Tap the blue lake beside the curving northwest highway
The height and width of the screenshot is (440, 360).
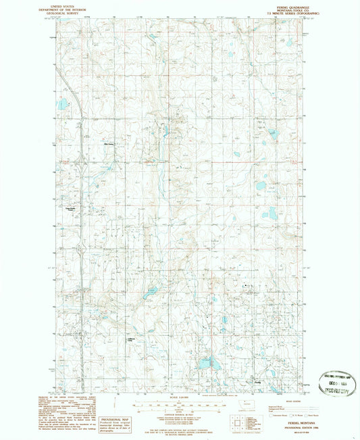click(62, 104)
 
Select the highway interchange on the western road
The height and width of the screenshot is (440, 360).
click(81, 162)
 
